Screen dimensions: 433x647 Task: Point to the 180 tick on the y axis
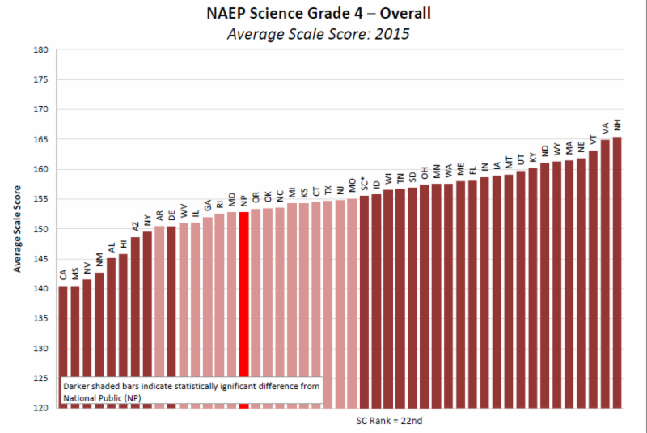pos(41,50)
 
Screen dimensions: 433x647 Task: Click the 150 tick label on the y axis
pos(41,229)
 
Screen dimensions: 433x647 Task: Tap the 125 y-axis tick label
pos(41,378)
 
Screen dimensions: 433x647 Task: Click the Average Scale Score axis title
pos(17,229)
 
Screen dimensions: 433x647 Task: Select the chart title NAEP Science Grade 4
pos(323,14)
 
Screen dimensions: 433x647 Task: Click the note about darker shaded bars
pos(192,392)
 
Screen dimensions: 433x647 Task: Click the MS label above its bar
pos(75,275)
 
